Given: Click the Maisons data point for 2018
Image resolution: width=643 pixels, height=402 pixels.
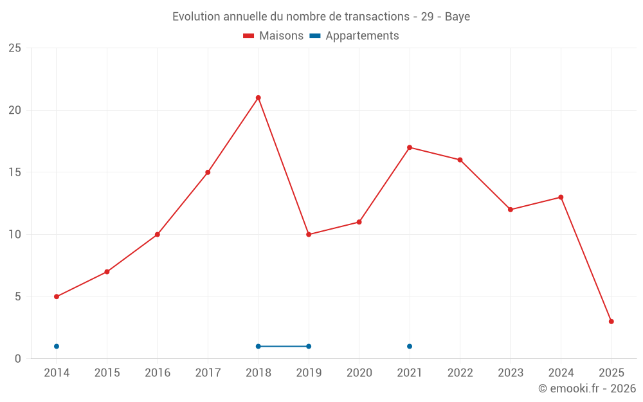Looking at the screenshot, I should (258, 98).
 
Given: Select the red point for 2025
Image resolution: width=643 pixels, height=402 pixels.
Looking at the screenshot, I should (611, 322).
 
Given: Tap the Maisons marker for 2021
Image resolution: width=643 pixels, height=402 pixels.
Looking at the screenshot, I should (410, 147).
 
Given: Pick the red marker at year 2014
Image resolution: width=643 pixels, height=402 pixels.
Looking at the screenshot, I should (57, 297).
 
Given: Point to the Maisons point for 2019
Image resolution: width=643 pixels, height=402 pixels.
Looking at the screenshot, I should (309, 234).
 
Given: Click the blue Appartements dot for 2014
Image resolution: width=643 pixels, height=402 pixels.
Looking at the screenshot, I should (57, 347).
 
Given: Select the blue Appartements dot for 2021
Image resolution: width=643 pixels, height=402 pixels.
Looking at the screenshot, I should (410, 347).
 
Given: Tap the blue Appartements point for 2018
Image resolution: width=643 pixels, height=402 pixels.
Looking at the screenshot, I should (258, 347).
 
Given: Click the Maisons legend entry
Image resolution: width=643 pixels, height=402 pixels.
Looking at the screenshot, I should (273, 36).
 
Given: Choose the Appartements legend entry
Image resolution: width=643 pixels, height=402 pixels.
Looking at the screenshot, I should (355, 36).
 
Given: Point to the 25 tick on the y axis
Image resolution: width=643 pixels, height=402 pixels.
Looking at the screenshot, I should (15, 48).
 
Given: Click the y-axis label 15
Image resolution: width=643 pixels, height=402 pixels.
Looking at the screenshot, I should (15, 172).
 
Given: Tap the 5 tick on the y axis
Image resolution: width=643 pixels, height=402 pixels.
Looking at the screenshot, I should (18, 297).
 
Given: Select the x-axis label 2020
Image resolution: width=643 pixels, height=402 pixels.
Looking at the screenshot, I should (359, 372).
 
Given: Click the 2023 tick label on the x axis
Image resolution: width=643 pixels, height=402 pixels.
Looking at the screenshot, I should (511, 372).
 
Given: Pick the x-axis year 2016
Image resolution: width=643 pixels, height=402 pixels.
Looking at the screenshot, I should (158, 372).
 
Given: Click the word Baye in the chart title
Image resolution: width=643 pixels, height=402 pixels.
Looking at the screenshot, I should (457, 17).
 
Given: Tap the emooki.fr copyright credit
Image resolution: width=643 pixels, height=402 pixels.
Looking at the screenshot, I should (586, 388).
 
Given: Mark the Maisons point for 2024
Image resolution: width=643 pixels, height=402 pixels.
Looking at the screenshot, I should (561, 197).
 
